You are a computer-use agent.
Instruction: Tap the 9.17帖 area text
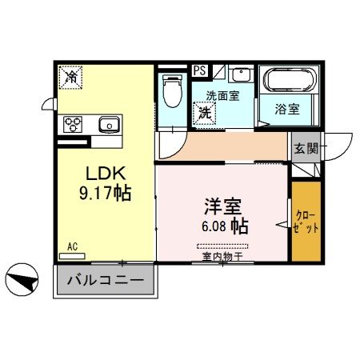point(104,194)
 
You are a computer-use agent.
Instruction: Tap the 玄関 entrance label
point(305,149)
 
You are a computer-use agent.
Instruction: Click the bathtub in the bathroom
point(289,82)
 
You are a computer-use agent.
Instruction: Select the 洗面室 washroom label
point(220,96)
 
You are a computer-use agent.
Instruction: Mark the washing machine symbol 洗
point(205,113)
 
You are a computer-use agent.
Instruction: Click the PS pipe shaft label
point(199,70)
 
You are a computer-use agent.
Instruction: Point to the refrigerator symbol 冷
point(72,78)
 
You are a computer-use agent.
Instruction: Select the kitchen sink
point(108,124)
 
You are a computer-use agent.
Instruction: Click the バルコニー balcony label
point(104,282)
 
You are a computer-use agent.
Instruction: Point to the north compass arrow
point(22,281)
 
